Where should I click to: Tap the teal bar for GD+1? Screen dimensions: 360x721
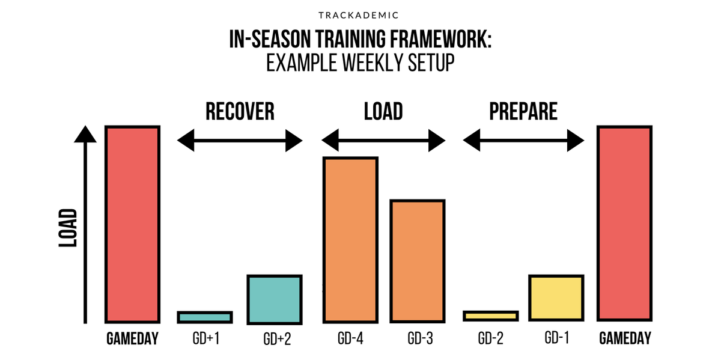[x=204, y=317]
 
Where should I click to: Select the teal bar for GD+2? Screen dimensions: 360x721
[x=275, y=298]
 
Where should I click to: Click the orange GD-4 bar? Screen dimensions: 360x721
[x=350, y=239]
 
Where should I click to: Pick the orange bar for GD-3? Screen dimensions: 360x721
[x=418, y=260]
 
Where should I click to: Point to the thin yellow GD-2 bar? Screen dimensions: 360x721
[x=490, y=316]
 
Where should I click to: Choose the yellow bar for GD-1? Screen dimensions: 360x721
[x=556, y=298]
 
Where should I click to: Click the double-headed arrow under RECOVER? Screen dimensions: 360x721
[x=240, y=142]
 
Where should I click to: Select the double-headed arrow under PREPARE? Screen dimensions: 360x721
[x=523, y=142]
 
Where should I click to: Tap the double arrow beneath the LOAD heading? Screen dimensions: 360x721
[x=383, y=142]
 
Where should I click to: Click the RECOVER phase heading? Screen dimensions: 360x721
[x=240, y=111]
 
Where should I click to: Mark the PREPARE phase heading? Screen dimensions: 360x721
[x=523, y=111]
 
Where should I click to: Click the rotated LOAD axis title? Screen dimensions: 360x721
[x=68, y=228]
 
